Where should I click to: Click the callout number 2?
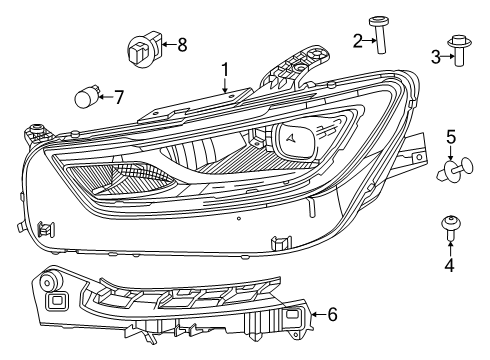coord(357,40)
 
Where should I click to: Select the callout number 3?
coord(437,58)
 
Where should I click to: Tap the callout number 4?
coord(450,264)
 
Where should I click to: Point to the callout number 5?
coord(451,136)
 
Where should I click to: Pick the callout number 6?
coord(332,315)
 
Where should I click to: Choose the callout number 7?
coord(118,97)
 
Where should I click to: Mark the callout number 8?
coord(181,44)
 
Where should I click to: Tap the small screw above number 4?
coord(450,231)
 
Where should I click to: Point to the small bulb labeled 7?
coord(88,97)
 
